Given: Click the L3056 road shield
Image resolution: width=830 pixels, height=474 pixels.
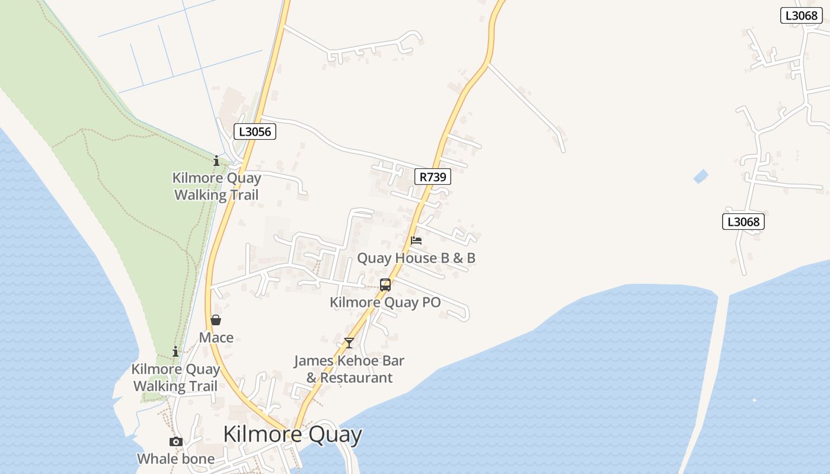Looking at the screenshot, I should (x=255, y=132).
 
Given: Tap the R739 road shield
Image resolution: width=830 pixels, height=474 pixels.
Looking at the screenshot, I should (x=433, y=177).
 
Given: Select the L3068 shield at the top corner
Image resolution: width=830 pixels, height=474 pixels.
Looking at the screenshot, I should (x=801, y=15).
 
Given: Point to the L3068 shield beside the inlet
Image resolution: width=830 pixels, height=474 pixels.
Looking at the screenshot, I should (x=743, y=222).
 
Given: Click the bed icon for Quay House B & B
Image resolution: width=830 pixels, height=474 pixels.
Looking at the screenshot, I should (x=416, y=241).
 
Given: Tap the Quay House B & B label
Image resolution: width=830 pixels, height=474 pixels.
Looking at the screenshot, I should (x=416, y=258).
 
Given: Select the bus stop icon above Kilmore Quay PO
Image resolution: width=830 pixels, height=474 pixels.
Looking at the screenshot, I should (x=385, y=285).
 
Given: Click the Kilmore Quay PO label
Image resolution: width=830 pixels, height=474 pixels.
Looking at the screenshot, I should (x=385, y=302).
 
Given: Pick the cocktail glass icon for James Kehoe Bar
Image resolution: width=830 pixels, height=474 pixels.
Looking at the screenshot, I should (x=349, y=343).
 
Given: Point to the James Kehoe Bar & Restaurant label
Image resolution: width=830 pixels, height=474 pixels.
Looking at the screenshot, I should (x=349, y=369).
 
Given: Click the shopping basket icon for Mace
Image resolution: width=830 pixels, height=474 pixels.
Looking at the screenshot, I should (x=216, y=321).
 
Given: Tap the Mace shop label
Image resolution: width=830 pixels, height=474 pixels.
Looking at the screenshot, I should (x=216, y=338).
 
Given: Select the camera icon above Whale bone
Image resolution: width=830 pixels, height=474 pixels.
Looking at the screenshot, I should (x=175, y=441).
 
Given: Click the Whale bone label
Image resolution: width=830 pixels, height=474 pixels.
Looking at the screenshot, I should (x=175, y=459).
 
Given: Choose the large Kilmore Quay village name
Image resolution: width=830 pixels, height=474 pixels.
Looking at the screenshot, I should (x=292, y=434).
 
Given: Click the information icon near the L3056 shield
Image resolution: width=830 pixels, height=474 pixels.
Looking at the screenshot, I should (x=216, y=161).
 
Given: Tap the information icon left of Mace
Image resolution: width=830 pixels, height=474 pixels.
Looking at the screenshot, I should (x=175, y=352).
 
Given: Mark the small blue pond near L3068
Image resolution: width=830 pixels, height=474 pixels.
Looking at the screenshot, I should (x=701, y=176).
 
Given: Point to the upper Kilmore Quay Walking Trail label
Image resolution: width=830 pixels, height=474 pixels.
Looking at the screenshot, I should (x=216, y=187).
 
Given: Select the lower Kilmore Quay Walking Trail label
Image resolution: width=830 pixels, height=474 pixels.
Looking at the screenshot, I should (x=175, y=378).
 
